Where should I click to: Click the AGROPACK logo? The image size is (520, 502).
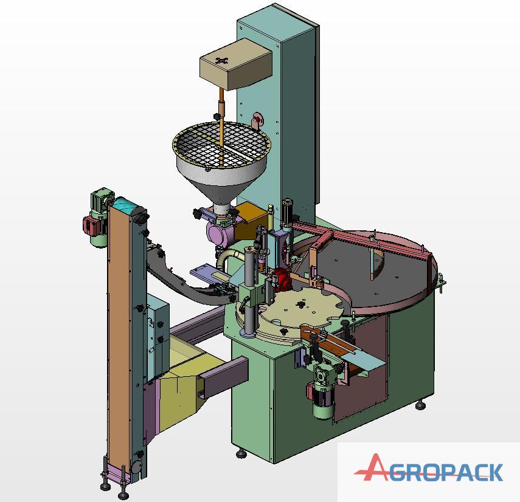[x=428, y=467]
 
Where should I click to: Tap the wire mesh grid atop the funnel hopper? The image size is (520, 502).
[x=221, y=145]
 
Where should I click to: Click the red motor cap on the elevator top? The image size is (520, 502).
[x=89, y=224]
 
